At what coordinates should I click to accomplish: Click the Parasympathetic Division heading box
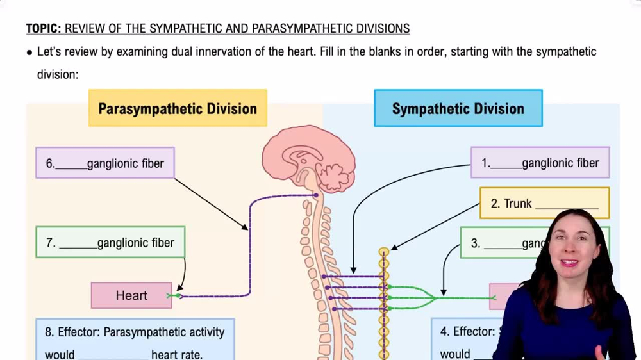pyautogui.click(x=178, y=108)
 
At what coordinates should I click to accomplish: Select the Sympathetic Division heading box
pyautogui.click(x=458, y=108)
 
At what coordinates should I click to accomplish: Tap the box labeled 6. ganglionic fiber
pyautogui.click(x=105, y=163)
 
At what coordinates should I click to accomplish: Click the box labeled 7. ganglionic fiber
pyautogui.click(x=110, y=243)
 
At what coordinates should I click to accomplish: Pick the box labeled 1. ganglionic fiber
pyautogui.click(x=540, y=163)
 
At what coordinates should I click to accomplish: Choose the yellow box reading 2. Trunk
pyautogui.click(x=544, y=204)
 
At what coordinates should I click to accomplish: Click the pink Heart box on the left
pyautogui.click(x=131, y=295)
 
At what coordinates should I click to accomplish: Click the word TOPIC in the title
pyautogui.click(x=44, y=29)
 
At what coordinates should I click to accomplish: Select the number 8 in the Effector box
pyautogui.click(x=49, y=332)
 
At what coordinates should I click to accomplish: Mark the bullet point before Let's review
pyautogui.click(x=29, y=53)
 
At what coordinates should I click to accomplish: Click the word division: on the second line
pyautogui.click(x=57, y=74)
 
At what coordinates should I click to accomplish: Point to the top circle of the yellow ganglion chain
pyautogui.click(x=384, y=252)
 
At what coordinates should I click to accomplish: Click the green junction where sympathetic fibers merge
pyautogui.click(x=436, y=297)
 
